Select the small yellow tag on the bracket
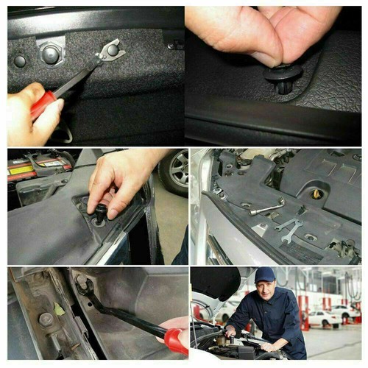pyautogui.click(x=59, y=309)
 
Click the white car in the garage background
pyautogui.click(x=324, y=319)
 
